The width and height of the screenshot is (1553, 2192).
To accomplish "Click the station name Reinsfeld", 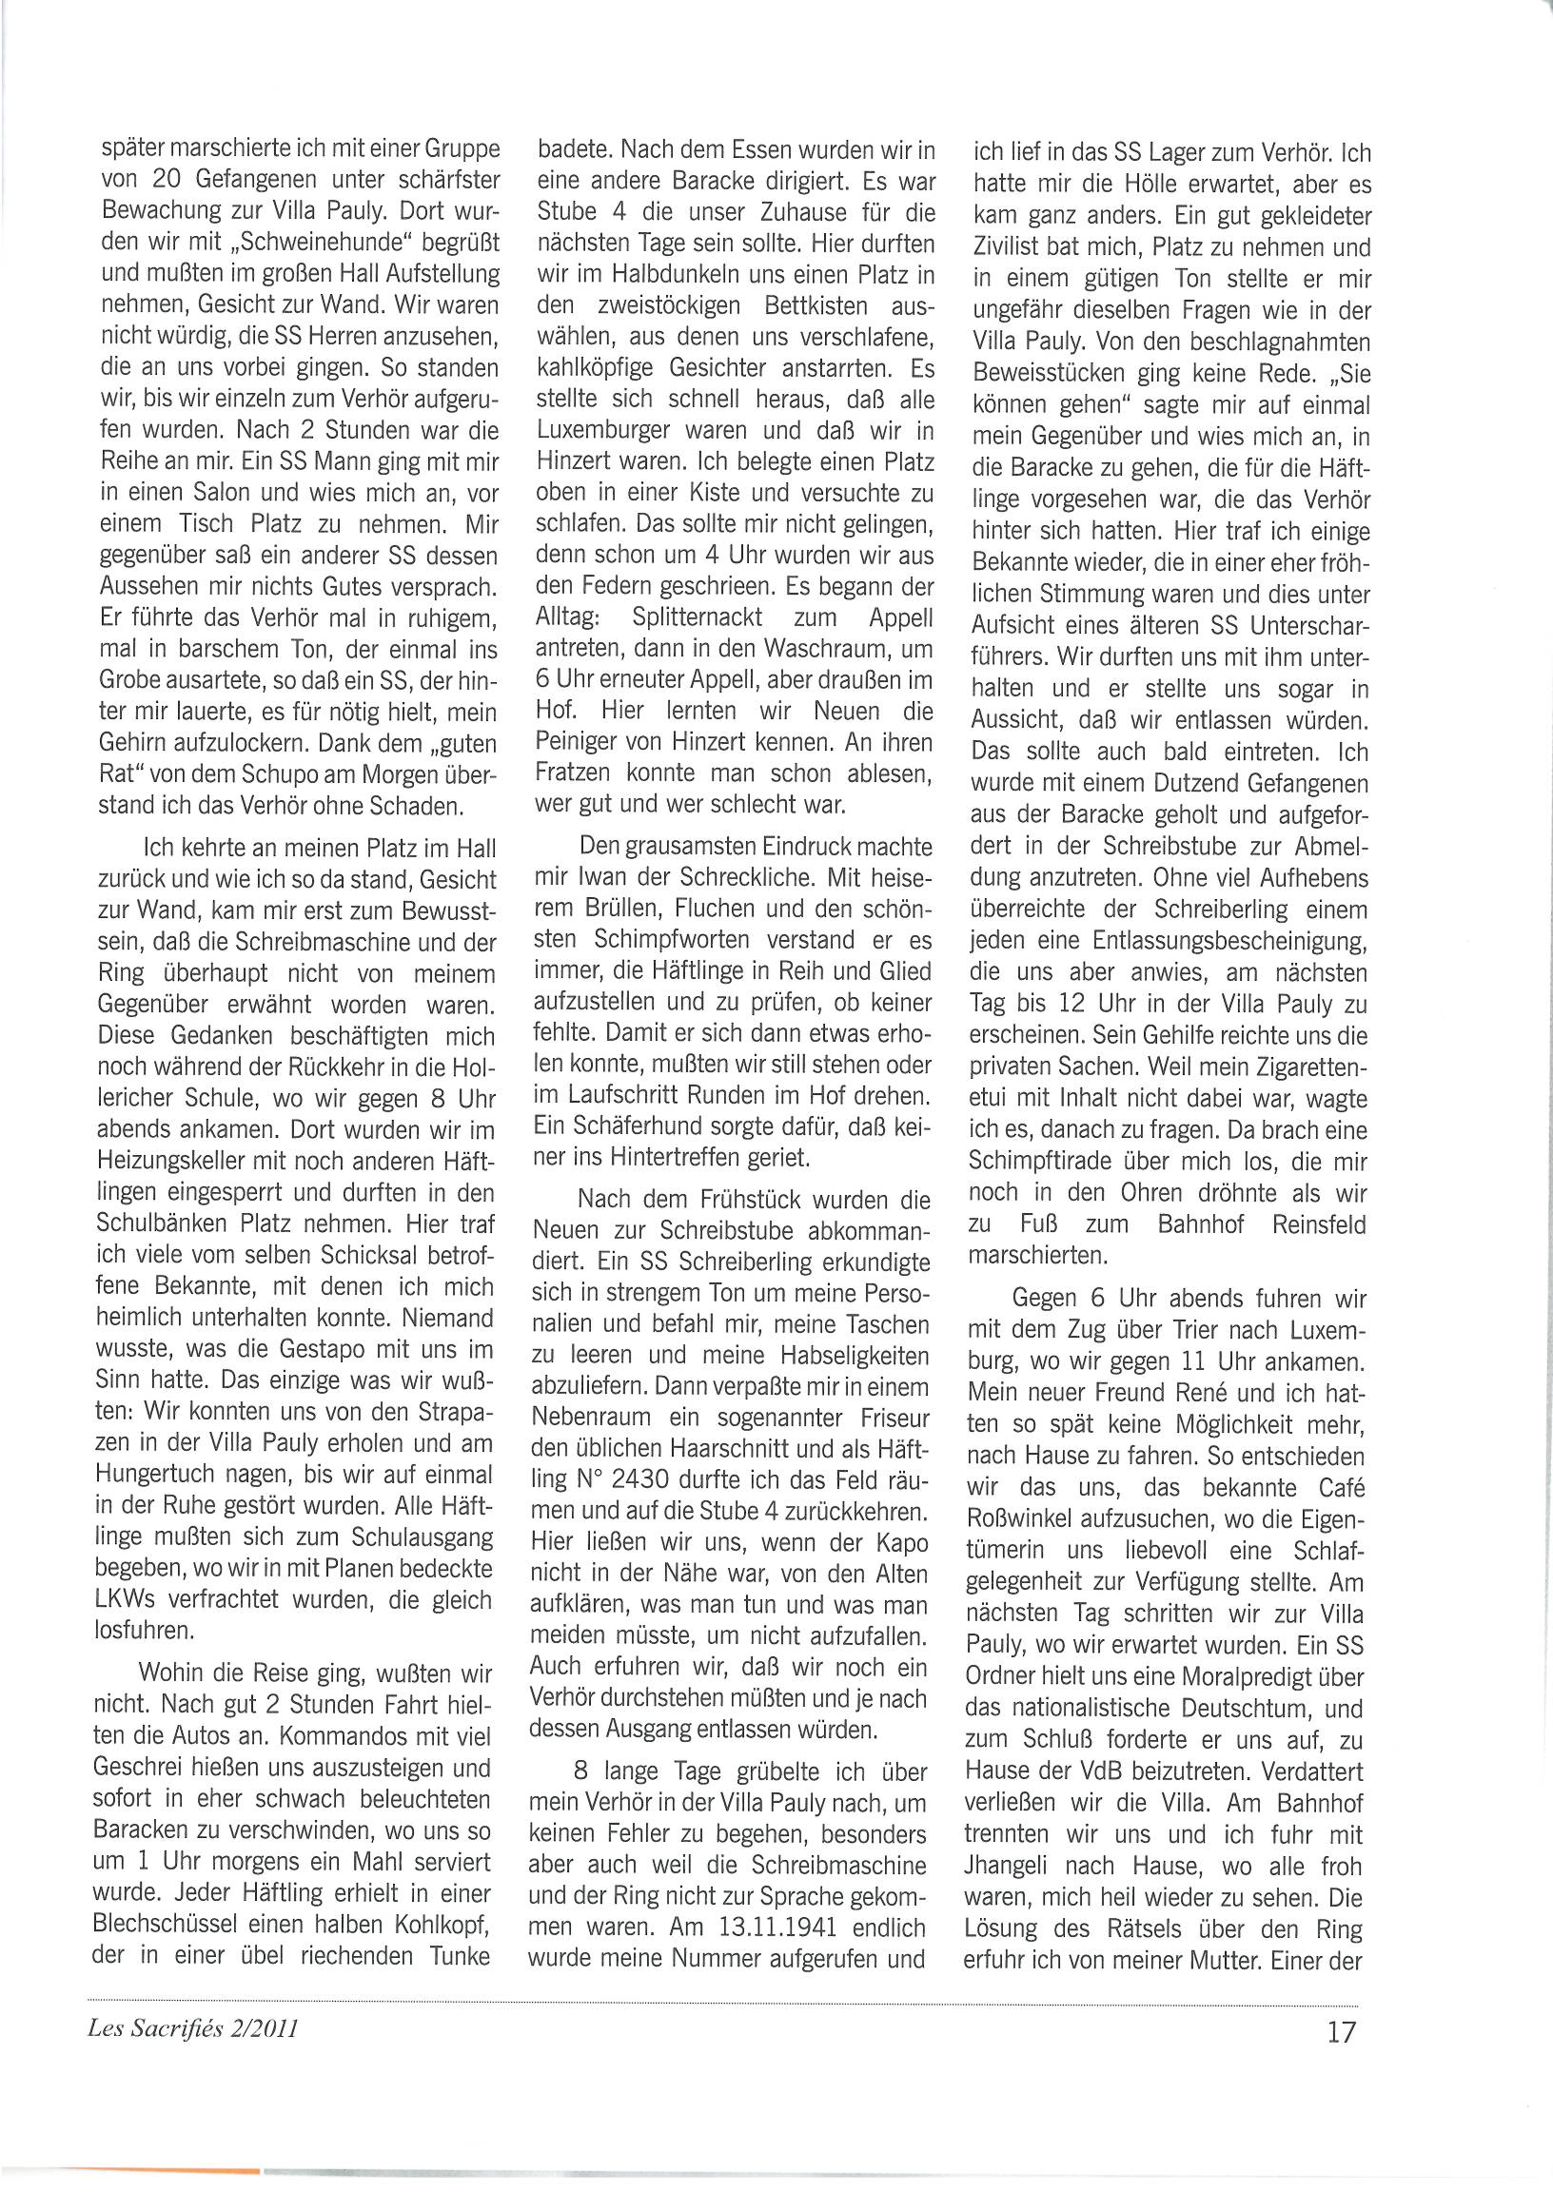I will [x=1320, y=1224].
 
